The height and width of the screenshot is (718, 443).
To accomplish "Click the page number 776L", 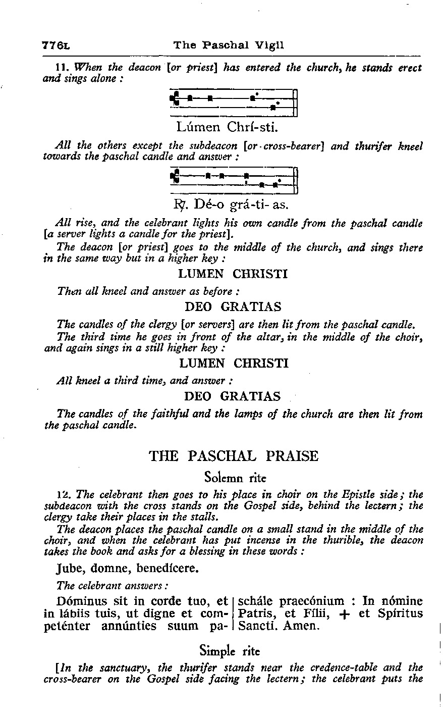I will click(56, 45).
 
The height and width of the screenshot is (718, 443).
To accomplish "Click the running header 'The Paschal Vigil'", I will click(229, 45).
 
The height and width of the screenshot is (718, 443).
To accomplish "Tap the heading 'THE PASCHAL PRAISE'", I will click(234, 456).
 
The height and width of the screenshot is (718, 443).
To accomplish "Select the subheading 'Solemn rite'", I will click(235, 477).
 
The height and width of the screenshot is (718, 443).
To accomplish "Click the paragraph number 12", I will click(62, 494).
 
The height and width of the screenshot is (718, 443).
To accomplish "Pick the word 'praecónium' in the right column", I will click(311, 601).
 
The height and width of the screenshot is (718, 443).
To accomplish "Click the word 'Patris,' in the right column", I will click(256, 614).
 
